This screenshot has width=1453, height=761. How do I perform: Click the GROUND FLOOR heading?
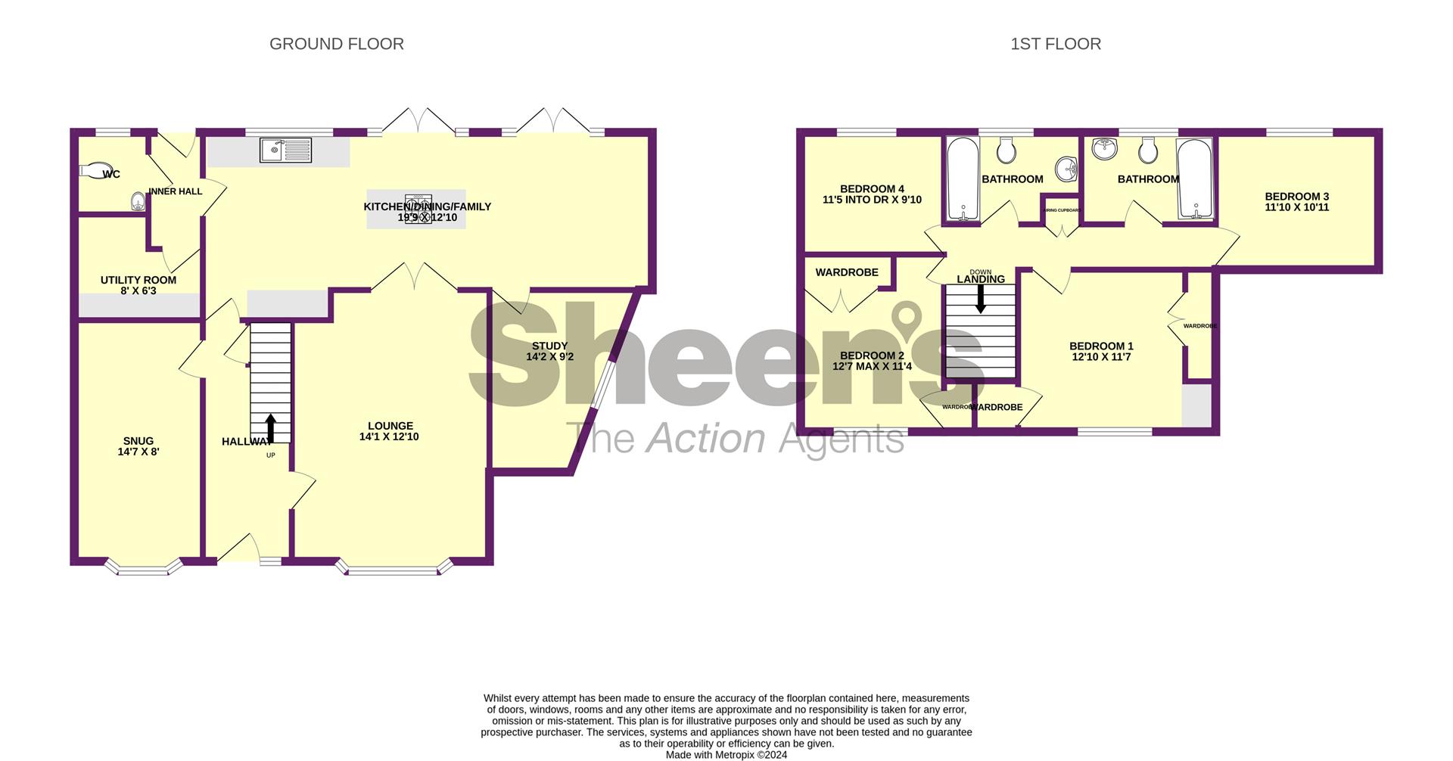pyautogui.click(x=336, y=45)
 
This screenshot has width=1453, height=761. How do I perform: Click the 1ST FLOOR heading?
pyautogui.click(x=1055, y=45)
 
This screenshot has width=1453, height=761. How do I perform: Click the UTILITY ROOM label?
pyautogui.click(x=138, y=281)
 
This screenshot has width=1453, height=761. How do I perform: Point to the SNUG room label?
pyautogui.click(x=138, y=442)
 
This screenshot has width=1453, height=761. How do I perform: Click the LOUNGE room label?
pyautogui.click(x=390, y=427)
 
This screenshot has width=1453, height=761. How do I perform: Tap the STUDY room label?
pyautogui.click(x=549, y=346)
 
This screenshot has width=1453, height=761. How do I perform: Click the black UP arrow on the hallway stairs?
pyautogui.click(x=270, y=427)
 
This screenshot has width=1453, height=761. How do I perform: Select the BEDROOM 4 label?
pyautogui.click(x=872, y=190)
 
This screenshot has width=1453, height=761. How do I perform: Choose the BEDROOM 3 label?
pyautogui.click(x=1296, y=197)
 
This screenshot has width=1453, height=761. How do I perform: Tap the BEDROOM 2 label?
pyautogui.click(x=872, y=356)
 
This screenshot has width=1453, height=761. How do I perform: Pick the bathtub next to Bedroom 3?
pyautogui.click(x=1195, y=179)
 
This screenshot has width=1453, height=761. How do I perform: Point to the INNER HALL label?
pyautogui.click(x=176, y=191)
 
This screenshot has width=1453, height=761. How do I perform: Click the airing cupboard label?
pyautogui.click(x=1061, y=210)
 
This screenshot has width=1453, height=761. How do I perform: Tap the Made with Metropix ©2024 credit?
pyautogui.click(x=726, y=754)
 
